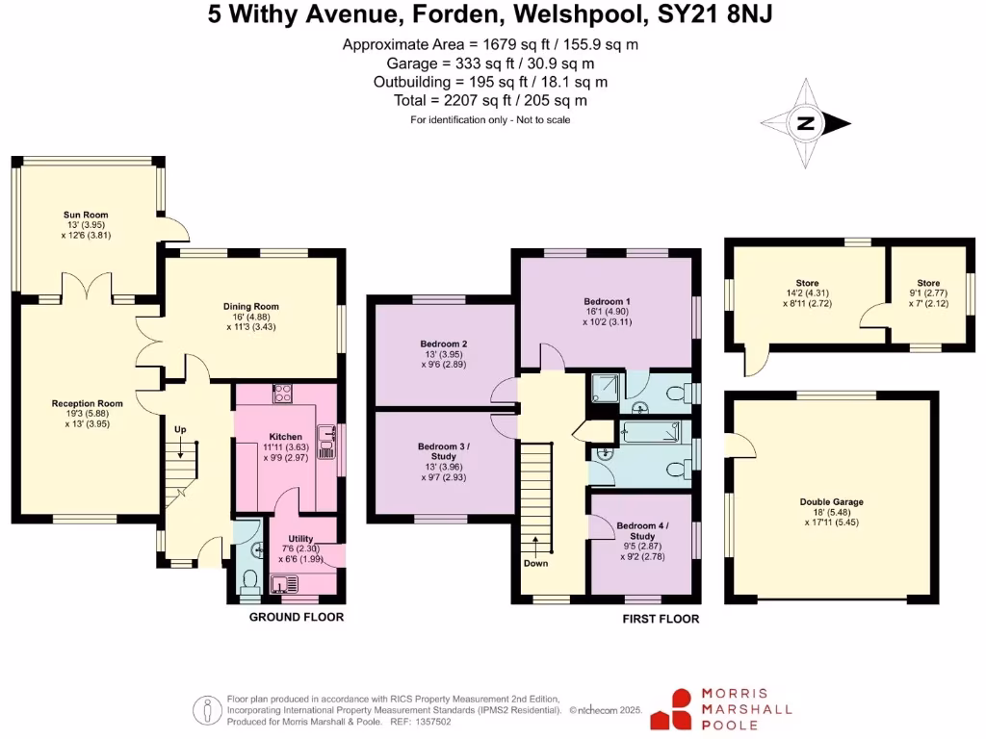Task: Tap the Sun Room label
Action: tap(86, 215)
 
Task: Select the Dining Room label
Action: tap(250, 307)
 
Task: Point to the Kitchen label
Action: tap(286, 437)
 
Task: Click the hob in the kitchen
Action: tap(283, 393)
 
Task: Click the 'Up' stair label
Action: tap(180, 428)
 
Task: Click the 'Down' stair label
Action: tap(535, 563)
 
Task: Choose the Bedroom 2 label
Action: tap(444, 344)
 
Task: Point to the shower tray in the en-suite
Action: tap(608, 389)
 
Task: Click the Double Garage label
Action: tap(831, 501)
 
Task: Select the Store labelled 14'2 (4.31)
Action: tap(807, 283)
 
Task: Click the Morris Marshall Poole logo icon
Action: tap(671, 709)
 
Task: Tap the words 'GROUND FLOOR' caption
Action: tap(297, 617)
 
